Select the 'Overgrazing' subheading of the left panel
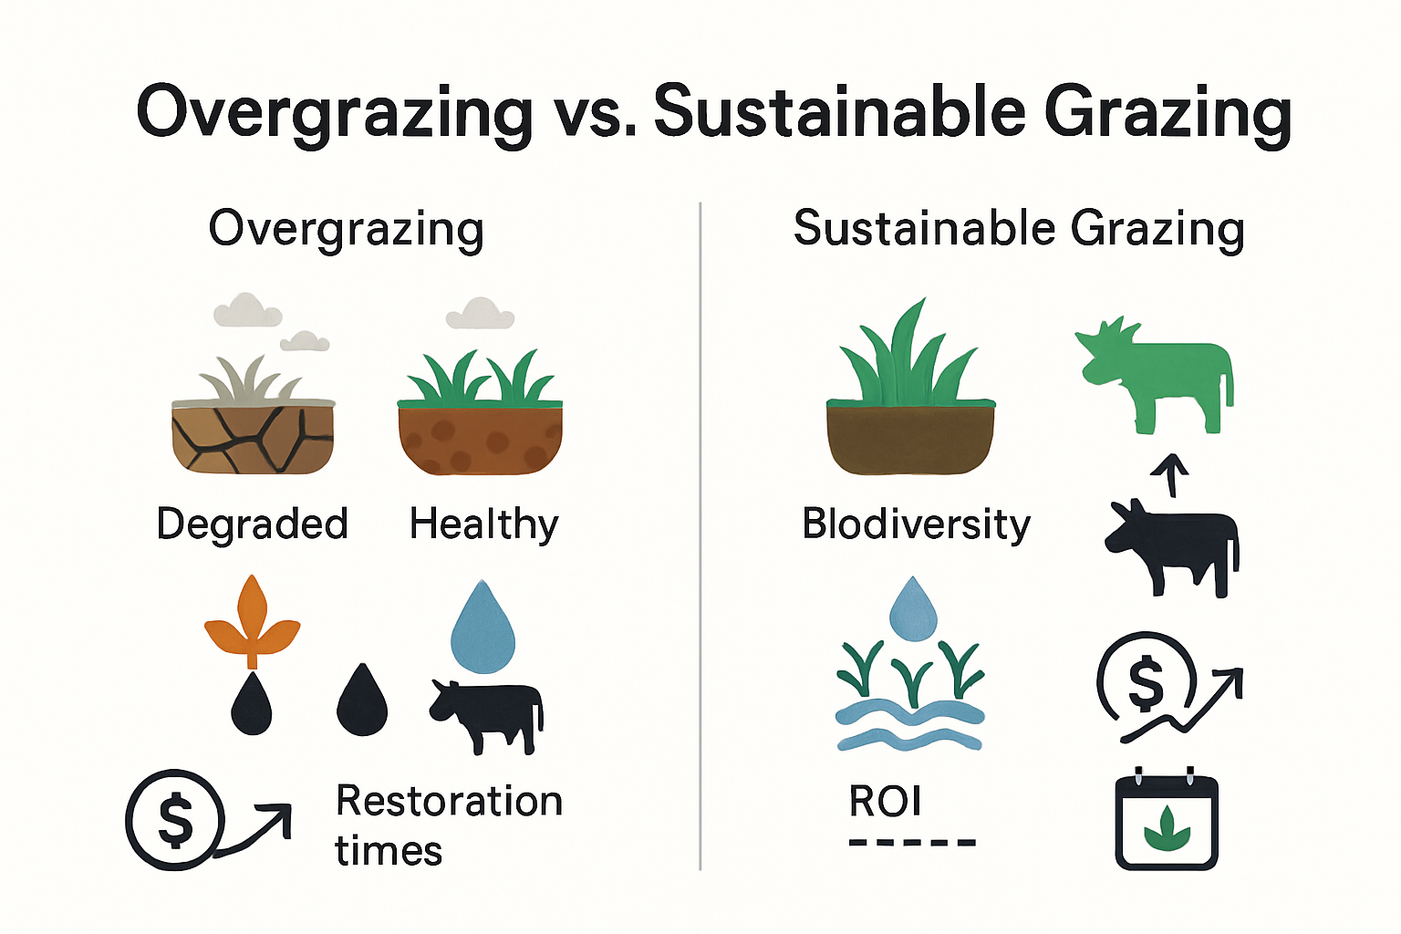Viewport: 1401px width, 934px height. click(x=346, y=231)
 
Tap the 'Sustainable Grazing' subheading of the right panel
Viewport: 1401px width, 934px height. click(x=1019, y=231)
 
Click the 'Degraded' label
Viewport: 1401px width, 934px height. click(x=252, y=524)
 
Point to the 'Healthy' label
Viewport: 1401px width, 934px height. click(x=484, y=524)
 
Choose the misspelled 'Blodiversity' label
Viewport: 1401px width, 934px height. click(x=916, y=524)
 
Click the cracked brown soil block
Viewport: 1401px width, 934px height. click(x=253, y=437)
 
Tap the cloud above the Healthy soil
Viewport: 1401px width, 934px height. click(x=480, y=314)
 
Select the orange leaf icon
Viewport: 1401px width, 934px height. click(x=252, y=622)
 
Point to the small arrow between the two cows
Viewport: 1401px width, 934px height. click(x=1170, y=475)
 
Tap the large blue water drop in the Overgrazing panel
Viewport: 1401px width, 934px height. click(x=483, y=627)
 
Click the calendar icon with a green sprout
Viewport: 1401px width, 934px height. click(x=1167, y=819)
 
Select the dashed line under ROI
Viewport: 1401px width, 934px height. click(x=912, y=843)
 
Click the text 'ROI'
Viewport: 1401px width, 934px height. click(x=885, y=801)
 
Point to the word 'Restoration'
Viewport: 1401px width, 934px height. click(x=449, y=801)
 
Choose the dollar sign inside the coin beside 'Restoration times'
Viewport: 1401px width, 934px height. click(x=175, y=819)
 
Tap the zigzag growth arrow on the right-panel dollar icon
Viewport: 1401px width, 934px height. click(x=1181, y=706)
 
